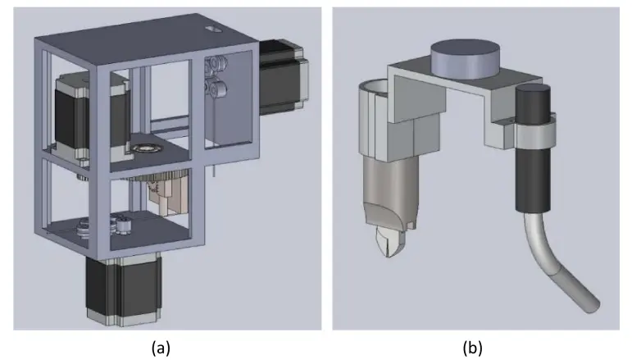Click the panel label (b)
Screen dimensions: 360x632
(473, 347)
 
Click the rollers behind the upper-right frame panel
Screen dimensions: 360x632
(219, 79)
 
